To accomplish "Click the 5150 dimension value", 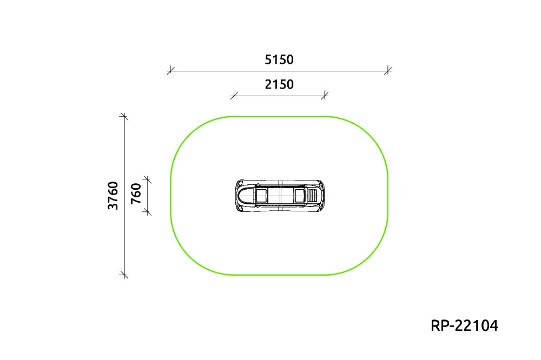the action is tap(279, 59).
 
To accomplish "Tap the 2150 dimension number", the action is tap(279, 84).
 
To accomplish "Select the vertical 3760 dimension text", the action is tap(113, 196).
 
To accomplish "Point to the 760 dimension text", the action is tap(136, 194).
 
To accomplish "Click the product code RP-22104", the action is tap(464, 325).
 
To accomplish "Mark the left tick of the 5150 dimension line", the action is tap(170, 71).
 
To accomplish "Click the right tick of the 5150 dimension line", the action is tap(388, 70).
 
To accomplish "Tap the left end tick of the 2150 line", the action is tap(234, 95).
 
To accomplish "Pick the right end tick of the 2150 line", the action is tap(324, 95).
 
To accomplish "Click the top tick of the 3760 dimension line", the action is tap(124, 117).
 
